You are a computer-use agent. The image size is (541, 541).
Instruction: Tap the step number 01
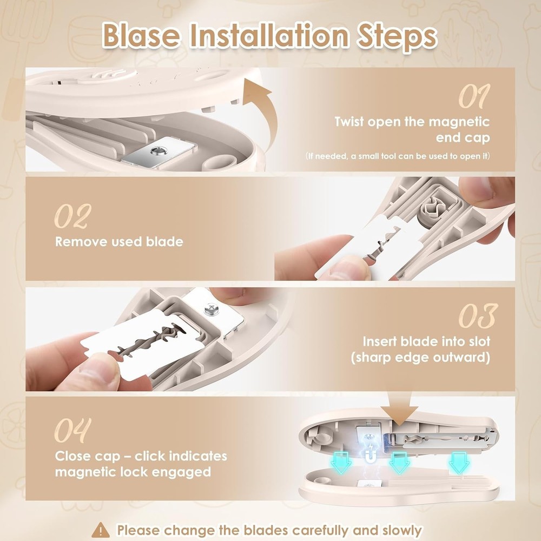(x=474, y=97)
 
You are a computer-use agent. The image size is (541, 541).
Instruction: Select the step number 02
(x=72, y=217)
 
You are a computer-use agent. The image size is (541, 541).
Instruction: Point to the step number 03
(x=477, y=316)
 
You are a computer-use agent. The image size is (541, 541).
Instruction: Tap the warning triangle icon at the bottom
(x=101, y=530)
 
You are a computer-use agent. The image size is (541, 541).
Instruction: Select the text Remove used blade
(x=119, y=241)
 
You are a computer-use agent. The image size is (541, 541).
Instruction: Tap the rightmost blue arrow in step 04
(x=459, y=463)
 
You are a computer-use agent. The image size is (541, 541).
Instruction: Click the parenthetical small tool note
(x=398, y=156)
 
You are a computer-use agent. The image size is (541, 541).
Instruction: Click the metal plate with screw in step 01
(x=155, y=153)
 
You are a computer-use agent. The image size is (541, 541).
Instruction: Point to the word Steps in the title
(x=393, y=36)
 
